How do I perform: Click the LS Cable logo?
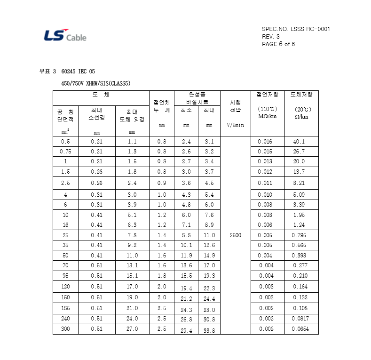pos(65,36)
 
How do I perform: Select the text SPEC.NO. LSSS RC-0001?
pos(296,29)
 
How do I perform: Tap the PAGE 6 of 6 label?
pos(278,44)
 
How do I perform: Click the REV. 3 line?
pos(270,37)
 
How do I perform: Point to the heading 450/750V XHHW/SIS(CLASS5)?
pos(96,83)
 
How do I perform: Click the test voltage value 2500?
pos(235,235)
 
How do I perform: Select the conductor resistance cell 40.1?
pos(299,141)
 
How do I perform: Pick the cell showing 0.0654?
pos(300,329)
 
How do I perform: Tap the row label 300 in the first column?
pos(65,329)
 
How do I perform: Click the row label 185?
pos(65,308)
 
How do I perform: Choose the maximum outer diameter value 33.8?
pos(209,330)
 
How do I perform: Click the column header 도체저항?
pos(301,95)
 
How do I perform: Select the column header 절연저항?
pos(267,95)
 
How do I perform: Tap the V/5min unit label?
pos(235,125)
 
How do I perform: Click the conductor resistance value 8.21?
pos(299,183)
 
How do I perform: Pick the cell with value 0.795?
pos(300,235)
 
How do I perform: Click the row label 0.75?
pos(65,152)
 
